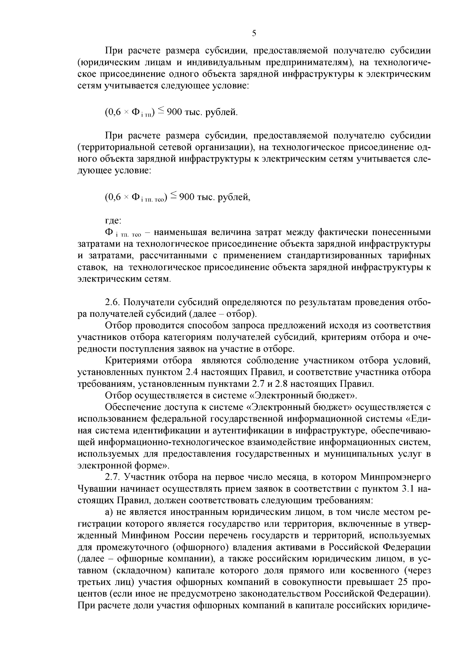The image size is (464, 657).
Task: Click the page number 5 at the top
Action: pyautogui.click(x=254, y=33)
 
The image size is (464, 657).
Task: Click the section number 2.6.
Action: pyautogui.click(x=113, y=302)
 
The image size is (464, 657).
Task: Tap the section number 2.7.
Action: pyautogui.click(x=113, y=477)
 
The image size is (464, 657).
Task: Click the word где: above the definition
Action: pyautogui.click(x=113, y=221)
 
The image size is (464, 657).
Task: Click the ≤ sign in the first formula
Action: pyautogui.click(x=160, y=111)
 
